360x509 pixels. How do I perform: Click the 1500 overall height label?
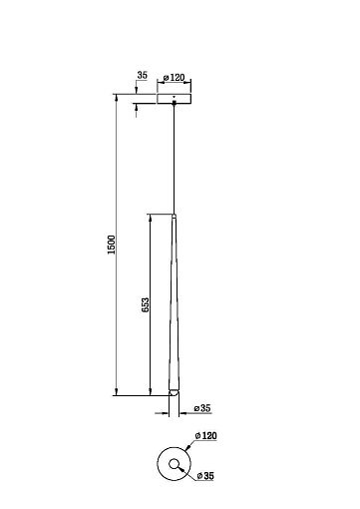coord(111,245)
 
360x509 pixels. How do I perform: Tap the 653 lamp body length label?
coord(146,304)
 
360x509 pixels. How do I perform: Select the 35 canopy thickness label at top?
coord(142,75)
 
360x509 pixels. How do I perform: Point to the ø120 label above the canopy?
coord(174,78)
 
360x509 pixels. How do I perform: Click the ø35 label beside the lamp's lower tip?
coord(202,408)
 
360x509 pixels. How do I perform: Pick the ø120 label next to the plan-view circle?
coord(206,435)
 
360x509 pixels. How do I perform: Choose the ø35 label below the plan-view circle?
coord(205,476)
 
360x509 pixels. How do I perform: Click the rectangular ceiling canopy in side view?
coord(175,99)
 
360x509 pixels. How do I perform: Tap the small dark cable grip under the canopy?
coord(174,103)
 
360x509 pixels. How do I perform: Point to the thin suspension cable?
coord(174,160)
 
